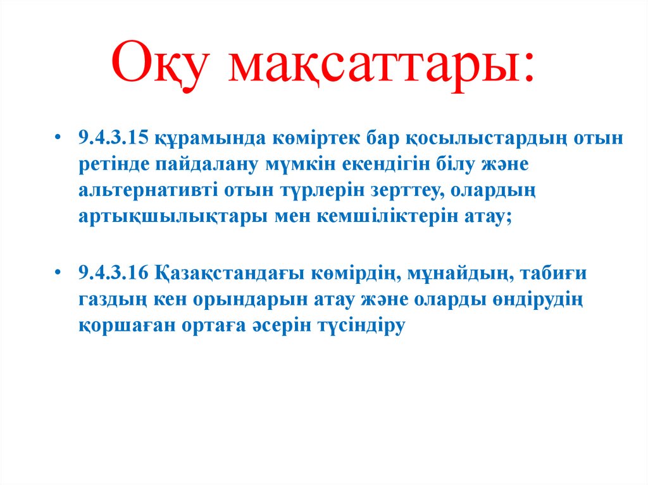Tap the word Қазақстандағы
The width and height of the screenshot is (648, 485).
(x=227, y=275)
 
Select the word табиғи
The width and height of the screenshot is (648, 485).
(x=555, y=275)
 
